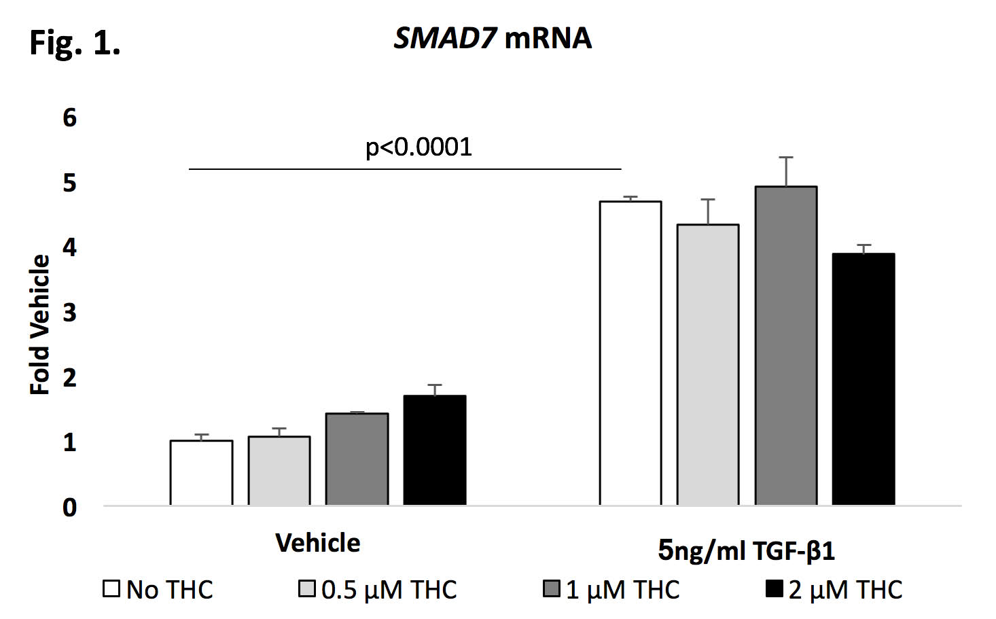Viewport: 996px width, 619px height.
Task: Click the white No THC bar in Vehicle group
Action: click(x=201, y=473)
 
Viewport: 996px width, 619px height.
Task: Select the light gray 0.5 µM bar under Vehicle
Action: click(x=279, y=471)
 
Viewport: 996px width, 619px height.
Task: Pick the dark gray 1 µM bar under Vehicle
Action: click(x=357, y=459)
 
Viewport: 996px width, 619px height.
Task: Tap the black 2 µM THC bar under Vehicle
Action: click(x=435, y=450)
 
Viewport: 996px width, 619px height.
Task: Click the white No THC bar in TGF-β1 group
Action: click(x=630, y=353)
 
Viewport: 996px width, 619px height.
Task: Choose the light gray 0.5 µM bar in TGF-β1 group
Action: click(x=708, y=365)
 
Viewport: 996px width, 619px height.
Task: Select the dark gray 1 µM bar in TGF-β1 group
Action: click(x=786, y=346)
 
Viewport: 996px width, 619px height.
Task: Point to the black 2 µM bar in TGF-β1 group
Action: click(x=864, y=379)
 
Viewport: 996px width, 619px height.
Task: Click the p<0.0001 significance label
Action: click(x=419, y=147)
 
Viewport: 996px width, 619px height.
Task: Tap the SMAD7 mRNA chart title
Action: click(x=493, y=38)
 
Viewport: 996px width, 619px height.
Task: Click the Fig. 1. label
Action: click(x=75, y=43)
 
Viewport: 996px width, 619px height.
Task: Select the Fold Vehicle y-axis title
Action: click(x=40, y=324)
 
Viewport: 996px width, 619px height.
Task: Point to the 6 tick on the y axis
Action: click(x=69, y=118)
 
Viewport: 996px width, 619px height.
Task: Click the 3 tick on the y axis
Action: click(x=69, y=313)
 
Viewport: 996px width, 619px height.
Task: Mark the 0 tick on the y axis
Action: click(x=69, y=508)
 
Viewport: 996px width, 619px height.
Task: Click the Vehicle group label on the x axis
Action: click(x=318, y=544)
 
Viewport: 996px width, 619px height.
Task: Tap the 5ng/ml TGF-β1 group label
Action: click(x=746, y=550)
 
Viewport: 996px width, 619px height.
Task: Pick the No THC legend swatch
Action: click(x=111, y=588)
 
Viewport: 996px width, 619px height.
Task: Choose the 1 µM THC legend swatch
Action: click(x=552, y=588)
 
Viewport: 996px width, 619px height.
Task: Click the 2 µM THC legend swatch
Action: click(x=775, y=588)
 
